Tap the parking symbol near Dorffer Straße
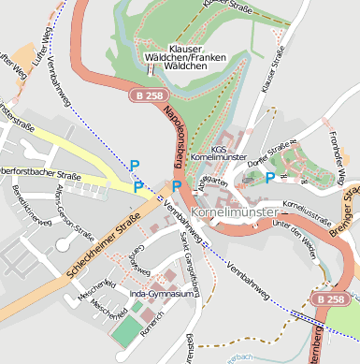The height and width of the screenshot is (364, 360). coord(270,177)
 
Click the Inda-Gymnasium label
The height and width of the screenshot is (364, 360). coord(162,294)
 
